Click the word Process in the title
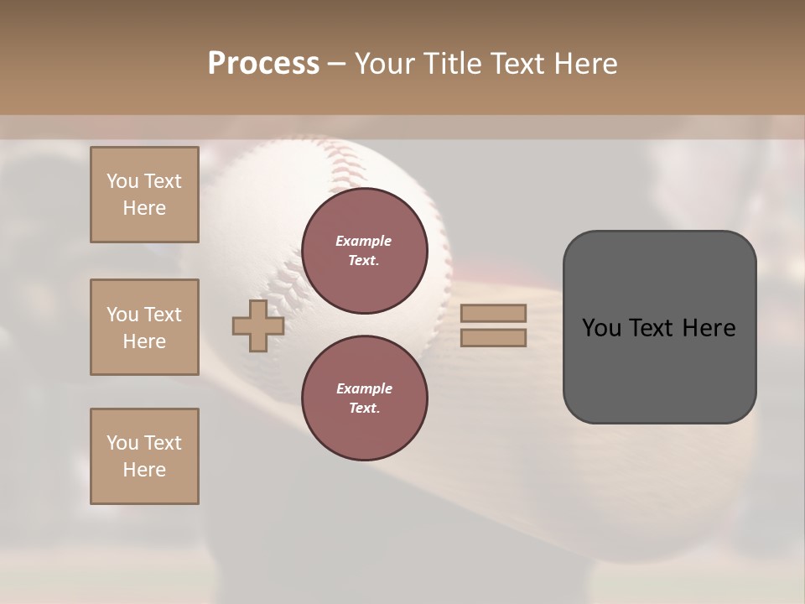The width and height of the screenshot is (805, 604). pos(263,64)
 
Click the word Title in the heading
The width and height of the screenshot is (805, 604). pos(453,64)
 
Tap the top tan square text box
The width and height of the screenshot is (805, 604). pos(144,195)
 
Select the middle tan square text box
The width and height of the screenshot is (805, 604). pos(144,327)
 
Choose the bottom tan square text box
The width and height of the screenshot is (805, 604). pos(144,456)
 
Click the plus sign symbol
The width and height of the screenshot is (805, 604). pos(257,326)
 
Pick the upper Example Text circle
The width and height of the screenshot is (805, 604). pos(365,251)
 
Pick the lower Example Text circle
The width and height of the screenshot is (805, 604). pos(365,398)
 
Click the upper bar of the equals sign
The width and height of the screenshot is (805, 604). pos(493,313)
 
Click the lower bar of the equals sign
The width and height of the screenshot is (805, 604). pos(493,338)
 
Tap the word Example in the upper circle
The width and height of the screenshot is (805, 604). pos(363,241)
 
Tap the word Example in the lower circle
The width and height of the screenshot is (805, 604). pos(364,388)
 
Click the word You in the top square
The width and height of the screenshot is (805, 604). pos(122,181)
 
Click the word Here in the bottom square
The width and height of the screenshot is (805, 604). pos(144,470)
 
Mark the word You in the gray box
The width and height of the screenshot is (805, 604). pos(601,328)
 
